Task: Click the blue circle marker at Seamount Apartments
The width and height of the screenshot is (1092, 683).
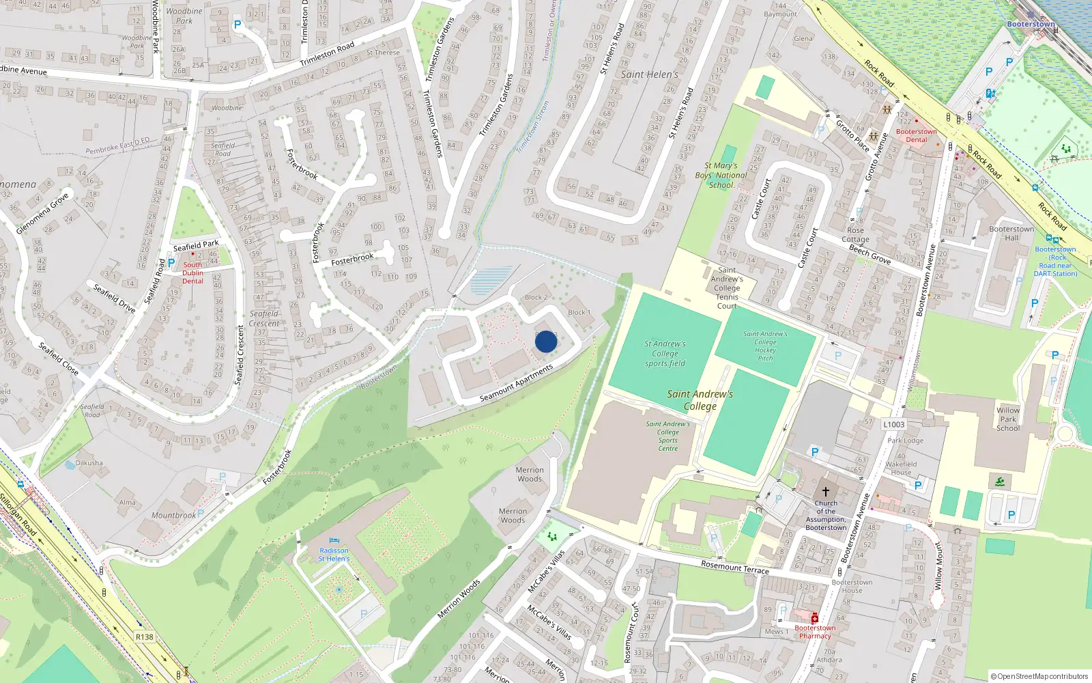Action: [x=546, y=341]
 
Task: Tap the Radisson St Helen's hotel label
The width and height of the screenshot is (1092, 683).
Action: [x=334, y=554]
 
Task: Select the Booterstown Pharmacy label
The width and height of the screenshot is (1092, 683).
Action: [x=815, y=632]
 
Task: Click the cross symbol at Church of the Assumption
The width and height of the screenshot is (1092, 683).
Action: [x=826, y=491]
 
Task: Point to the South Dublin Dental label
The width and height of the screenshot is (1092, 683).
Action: [x=192, y=273]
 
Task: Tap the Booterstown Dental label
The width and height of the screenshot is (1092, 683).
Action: [x=916, y=135]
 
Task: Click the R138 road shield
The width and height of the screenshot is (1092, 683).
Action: [x=145, y=637]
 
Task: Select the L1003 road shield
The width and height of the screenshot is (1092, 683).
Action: [x=894, y=424]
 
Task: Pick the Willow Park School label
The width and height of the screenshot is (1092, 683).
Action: [x=1008, y=419]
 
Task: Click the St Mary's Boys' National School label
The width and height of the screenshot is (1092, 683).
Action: [x=721, y=175]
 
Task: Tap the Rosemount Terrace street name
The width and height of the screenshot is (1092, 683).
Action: [x=735, y=567]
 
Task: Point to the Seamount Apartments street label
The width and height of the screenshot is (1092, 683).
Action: [x=516, y=383]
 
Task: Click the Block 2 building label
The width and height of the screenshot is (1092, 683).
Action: [x=536, y=297]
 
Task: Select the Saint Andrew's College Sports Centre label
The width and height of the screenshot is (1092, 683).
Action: [x=668, y=436]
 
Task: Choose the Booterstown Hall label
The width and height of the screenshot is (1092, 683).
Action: [x=1011, y=234]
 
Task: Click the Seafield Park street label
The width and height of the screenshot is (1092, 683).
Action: [x=196, y=245]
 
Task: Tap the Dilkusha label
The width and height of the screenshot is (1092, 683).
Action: [x=89, y=462]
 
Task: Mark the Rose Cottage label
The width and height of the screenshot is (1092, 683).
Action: [x=855, y=235]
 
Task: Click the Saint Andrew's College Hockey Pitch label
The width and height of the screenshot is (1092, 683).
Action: [x=765, y=346]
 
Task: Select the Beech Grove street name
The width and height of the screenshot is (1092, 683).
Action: [x=870, y=254]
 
